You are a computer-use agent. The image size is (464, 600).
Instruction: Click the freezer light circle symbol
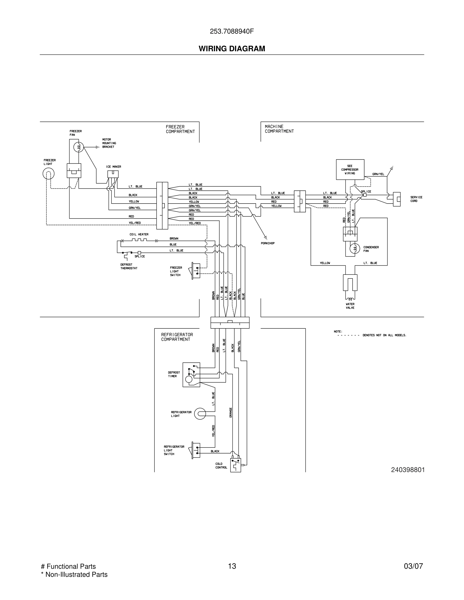pyautogui.click(x=48, y=174)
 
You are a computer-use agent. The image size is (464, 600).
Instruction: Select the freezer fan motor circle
pyautogui.click(x=79, y=147)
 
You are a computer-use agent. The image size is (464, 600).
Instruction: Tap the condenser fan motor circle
pyautogui.click(x=355, y=249)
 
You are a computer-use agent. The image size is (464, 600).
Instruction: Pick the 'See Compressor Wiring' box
pyautogui.click(x=350, y=169)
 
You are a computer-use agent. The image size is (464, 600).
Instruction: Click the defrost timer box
pyautogui.click(x=191, y=375)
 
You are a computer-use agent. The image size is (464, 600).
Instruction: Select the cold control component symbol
pyautogui.click(x=236, y=465)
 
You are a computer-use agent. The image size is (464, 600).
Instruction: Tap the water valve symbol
pyautogui.click(x=350, y=286)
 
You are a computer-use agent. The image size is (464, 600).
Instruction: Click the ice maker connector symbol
pyautogui.click(x=113, y=174)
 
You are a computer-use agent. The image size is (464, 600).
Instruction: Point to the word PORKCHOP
pyautogui.click(x=267, y=243)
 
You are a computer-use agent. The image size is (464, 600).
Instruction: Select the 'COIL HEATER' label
pyautogui.click(x=139, y=234)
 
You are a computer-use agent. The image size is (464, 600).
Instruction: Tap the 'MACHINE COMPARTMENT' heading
pyautogui.click(x=279, y=129)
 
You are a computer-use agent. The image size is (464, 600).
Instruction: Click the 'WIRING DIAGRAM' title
pyautogui.click(x=232, y=49)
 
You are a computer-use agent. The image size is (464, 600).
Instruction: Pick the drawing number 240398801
pyautogui.click(x=408, y=470)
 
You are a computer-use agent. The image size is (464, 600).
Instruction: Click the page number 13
pyautogui.click(x=232, y=566)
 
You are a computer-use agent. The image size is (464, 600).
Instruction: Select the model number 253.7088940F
pyautogui.click(x=232, y=31)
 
